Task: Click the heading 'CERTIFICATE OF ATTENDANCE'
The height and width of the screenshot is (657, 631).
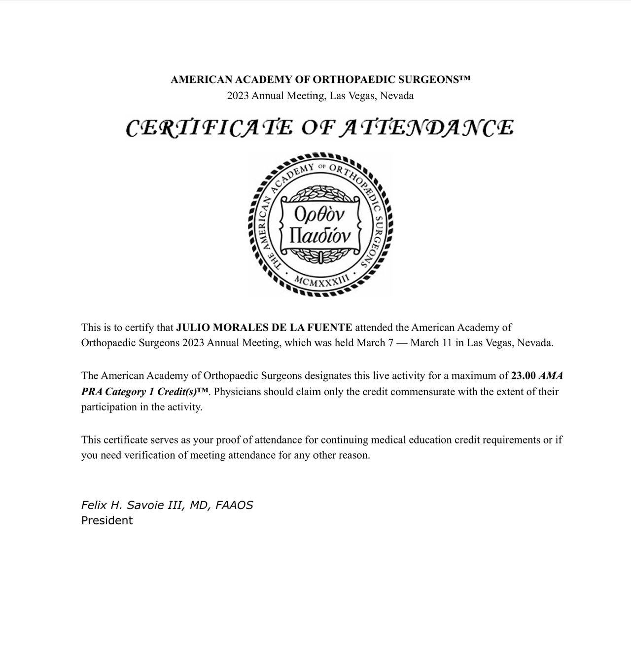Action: pyautogui.click(x=319, y=127)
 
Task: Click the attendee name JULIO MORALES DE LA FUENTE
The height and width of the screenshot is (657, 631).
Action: pyautogui.click(x=264, y=328)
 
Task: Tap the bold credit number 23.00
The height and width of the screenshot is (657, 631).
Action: pyautogui.click(x=523, y=376)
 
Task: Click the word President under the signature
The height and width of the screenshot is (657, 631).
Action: pyautogui.click(x=107, y=520)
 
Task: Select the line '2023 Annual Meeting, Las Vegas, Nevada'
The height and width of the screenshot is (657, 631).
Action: pyautogui.click(x=320, y=96)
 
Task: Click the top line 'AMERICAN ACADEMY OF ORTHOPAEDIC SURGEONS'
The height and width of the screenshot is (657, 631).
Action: pyautogui.click(x=320, y=80)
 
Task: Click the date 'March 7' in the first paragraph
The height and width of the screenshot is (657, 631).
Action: pyautogui.click(x=375, y=343)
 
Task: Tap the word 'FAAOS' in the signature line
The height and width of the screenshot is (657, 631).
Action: pyautogui.click(x=234, y=505)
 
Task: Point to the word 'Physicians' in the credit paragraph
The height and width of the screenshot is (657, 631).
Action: pyautogui.click(x=237, y=392)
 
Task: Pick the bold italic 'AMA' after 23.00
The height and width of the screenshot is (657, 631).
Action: pyautogui.click(x=551, y=376)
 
